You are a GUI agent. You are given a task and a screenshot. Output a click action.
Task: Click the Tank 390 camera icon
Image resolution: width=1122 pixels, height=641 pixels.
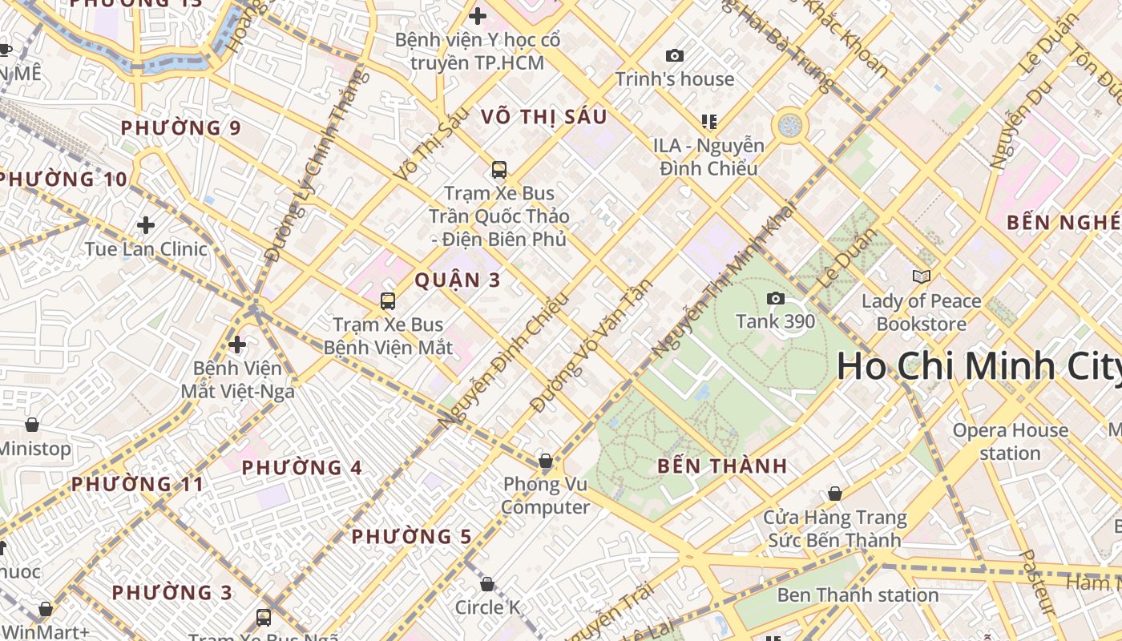tap(775, 299)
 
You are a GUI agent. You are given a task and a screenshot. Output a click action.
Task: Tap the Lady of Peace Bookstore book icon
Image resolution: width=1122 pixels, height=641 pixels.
tap(921, 277)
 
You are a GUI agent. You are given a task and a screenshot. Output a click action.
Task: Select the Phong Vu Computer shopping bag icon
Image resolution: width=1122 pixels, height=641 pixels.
tap(545, 461)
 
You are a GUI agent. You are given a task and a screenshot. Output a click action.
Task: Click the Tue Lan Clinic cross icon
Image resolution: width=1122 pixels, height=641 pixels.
tap(145, 225)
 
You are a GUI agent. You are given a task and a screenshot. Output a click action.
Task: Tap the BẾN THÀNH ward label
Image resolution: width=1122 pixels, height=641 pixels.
tap(722, 466)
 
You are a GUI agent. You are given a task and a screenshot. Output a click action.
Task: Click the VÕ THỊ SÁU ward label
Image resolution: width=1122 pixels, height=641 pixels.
tap(544, 117)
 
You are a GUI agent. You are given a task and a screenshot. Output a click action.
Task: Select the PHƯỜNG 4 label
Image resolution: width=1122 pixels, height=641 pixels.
tap(302, 467)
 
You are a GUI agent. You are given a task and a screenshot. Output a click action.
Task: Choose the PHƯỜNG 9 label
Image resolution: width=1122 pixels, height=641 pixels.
tap(180, 128)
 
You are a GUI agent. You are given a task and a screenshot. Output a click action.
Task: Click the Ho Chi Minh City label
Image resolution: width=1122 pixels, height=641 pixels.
tap(978, 367)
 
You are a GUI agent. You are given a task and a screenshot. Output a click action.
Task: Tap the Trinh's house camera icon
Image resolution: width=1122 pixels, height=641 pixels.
tap(675, 55)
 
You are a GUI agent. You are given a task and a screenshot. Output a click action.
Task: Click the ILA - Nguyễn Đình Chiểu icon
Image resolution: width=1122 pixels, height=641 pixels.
tap(708, 122)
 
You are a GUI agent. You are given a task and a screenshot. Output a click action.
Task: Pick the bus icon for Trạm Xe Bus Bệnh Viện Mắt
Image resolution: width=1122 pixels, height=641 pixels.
tap(388, 301)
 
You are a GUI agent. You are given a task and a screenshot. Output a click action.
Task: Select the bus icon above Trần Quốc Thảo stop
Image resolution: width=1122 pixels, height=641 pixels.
tap(498, 170)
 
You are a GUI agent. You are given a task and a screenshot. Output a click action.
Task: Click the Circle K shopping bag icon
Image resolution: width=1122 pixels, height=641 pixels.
tap(486, 584)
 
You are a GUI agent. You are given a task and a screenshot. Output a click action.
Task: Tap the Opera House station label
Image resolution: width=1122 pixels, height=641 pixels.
tap(1010, 441)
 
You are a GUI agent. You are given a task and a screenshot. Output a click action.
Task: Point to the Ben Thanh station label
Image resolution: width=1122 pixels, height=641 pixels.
tap(858, 595)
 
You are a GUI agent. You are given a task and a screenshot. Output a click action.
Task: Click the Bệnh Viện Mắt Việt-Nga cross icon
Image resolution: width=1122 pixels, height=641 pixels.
tap(237, 345)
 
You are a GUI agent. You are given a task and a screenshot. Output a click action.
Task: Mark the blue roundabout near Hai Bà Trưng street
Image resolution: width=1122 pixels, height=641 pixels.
tap(789, 125)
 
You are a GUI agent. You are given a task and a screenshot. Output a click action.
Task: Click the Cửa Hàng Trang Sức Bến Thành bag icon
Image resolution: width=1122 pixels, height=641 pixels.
tap(834, 494)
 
